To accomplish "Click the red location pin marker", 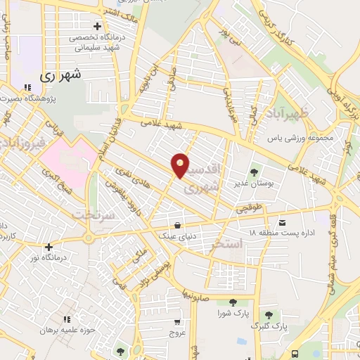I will coord(181,165).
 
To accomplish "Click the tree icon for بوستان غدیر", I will coord(254,171).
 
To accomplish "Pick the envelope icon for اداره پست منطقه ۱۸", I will coord(282,222).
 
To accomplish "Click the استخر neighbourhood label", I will coord(227,244).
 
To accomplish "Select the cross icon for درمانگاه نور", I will coord(48,247).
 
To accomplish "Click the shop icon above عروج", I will coord(176,322).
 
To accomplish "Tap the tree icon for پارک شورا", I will coord(226,301).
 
